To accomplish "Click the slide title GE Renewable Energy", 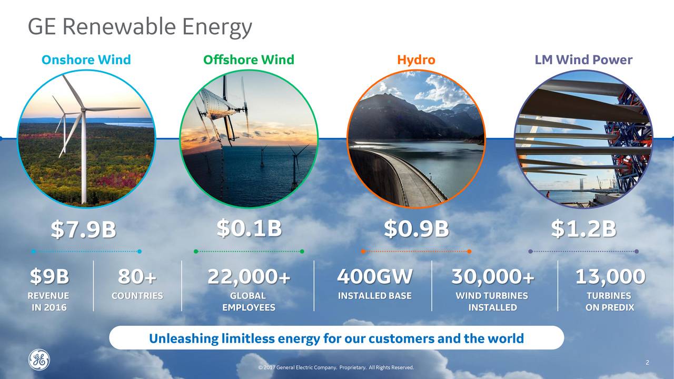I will click(x=140, y=27).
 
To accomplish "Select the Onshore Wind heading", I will click(x=86, y=60).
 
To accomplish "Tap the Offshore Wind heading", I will click(x=249, y=60).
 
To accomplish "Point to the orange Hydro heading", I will click(x=416, y=60).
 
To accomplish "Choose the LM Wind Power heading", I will click(x=583, y=60).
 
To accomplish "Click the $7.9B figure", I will click(x=83, y=230).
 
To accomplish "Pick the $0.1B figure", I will click(x=249, y=229).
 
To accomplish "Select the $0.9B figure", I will click(x=416, y=229).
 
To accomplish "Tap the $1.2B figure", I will click(x=583, y=229).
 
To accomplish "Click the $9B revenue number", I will click(x=49, y=276).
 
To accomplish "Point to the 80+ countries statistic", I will click(x=137, y=276).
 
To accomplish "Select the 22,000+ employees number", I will click(x=249, y=276).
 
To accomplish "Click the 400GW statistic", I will click(x=374, y=276).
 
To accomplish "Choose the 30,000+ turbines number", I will click(x=492, y=276).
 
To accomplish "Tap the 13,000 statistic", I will click(x=610, y=276).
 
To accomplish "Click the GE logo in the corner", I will click(x=39, y=360).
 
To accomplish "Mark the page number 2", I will click(x=647, y=363).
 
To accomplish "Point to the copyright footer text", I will click(x=336, y=367).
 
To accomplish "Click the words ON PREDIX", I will click(x=609, y=307).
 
